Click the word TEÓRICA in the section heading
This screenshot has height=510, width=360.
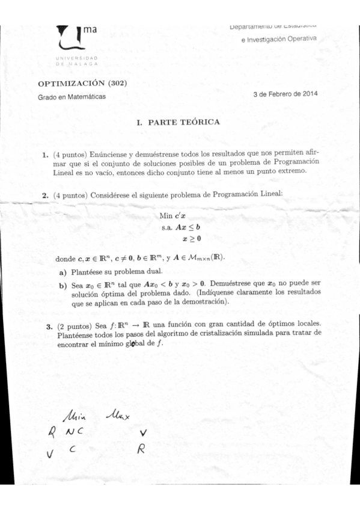pos(200,122)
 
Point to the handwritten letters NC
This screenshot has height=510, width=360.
pos(76,431)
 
